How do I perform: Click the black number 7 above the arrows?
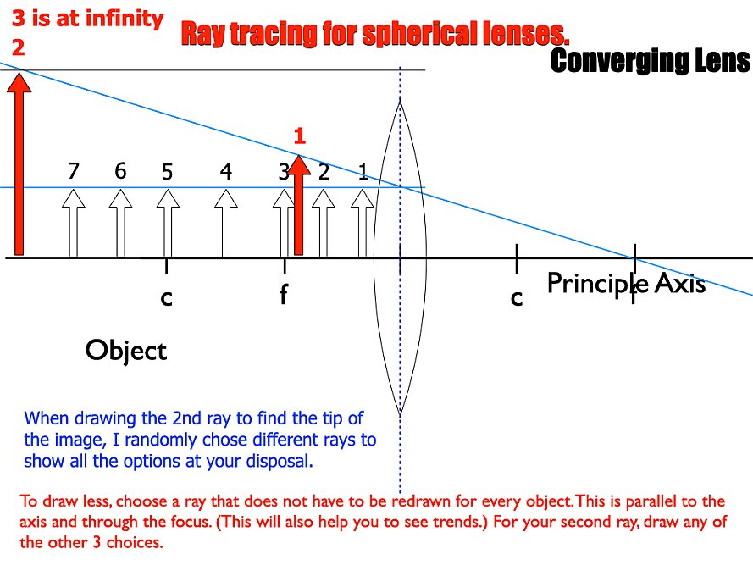(74, 170)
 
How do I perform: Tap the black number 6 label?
(120, 170)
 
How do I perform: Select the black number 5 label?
(167, 171)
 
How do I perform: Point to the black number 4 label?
(225, 171)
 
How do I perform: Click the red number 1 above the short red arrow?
(300, 136)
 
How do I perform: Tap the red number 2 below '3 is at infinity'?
(19, 47)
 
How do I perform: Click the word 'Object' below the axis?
(126, 351)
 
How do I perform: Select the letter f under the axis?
(284, 294)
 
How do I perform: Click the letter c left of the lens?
(166, 298)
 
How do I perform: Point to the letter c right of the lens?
(517, 298)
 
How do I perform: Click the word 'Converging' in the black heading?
(611, 62)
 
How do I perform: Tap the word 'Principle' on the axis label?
(598, 283)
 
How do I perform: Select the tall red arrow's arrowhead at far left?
(19, 81)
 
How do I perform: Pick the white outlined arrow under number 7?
(74, 223)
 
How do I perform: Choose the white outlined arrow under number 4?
(225, 223)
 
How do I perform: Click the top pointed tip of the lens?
(400, 98)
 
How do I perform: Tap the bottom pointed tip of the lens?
(400, 414)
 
